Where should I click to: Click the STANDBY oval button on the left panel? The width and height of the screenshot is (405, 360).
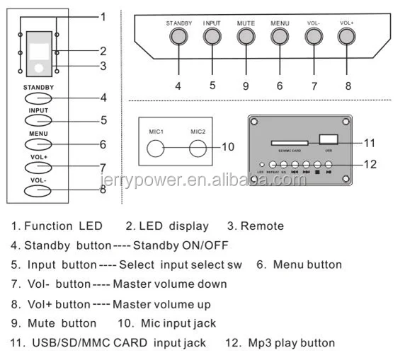pos(38,98)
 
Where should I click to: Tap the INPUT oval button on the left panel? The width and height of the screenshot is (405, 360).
pos(38,121)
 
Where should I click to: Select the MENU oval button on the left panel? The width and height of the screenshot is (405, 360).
pos(38,144)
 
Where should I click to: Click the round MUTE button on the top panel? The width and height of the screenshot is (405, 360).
pos(245,37)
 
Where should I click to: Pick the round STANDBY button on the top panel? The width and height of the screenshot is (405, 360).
pos(178,37)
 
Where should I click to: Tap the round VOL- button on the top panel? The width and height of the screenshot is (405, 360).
pos(312,37)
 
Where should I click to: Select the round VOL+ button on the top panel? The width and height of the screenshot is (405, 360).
pos(346,37)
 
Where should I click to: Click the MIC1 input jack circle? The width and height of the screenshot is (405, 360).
pos(156,148)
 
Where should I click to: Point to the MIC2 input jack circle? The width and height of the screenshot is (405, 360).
pos(198,148)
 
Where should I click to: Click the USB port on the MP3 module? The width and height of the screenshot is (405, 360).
pos(326,139)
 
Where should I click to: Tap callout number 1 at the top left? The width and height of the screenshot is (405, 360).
pos(103,16)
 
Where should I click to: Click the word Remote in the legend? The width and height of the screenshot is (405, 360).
pos(263,226)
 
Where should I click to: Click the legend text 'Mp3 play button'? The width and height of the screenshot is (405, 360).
pos(290,343)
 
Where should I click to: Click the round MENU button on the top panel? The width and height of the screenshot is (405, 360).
pos(279,37)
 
